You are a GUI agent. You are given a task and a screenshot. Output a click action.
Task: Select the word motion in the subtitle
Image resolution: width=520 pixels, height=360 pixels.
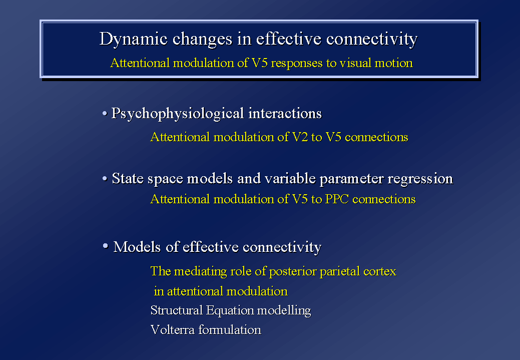tap(394, 63)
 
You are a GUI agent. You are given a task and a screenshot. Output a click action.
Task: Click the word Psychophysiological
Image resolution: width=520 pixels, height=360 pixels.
tap(178, 114)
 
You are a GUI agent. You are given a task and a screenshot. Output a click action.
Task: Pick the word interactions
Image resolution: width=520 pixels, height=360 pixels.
tap(285, 113)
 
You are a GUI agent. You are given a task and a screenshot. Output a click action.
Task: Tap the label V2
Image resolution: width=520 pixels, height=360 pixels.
tap(300, 137)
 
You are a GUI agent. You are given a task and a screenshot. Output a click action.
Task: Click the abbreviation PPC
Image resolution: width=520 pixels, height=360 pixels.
tap(337, 199)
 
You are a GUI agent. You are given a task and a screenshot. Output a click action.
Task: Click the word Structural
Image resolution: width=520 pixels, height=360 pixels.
tap(177, 310)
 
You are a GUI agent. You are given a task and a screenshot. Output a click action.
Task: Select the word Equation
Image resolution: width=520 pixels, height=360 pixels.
tap(230, 311)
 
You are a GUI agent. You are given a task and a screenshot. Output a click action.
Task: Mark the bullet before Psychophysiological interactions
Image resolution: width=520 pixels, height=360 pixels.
tap(105, 114)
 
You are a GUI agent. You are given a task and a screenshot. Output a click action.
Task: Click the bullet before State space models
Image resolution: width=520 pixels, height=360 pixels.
tap(105, 179)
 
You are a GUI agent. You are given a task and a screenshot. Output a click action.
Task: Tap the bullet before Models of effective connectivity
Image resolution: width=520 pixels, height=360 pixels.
tap(106, 246)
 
